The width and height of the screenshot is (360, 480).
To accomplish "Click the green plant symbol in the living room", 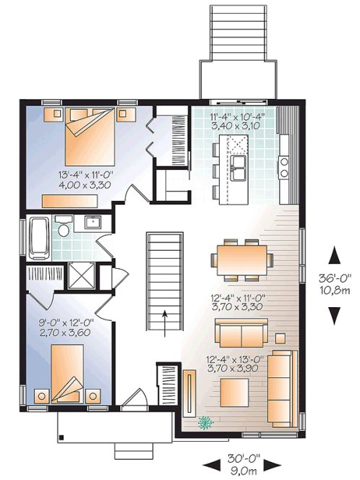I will coord(205,424).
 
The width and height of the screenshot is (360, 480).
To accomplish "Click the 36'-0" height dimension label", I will coord(334,276).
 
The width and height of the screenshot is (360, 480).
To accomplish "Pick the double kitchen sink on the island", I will coord(239,166).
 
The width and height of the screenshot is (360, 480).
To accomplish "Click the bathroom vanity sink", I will coord(91,222).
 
